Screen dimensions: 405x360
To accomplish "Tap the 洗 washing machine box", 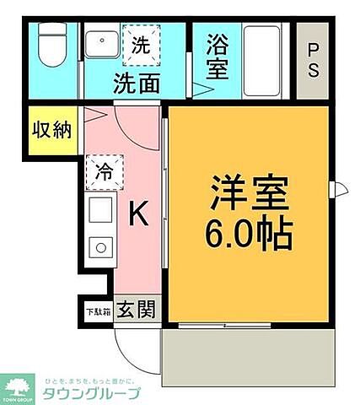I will pos(137,46).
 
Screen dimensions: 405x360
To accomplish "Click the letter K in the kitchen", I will pos(137,217).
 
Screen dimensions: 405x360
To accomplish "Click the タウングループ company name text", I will pos(96,392).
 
